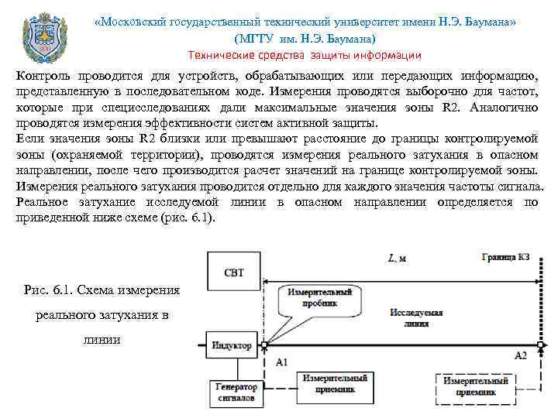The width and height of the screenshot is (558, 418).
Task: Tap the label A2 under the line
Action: point(520,355)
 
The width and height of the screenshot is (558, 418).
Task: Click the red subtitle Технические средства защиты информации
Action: point(305,55)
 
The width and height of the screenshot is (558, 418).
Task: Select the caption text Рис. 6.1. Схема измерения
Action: point(102,290)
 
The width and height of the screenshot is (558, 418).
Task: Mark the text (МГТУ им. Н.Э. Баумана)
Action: point(304,38)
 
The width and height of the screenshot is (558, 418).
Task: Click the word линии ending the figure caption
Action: point(102,341)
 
